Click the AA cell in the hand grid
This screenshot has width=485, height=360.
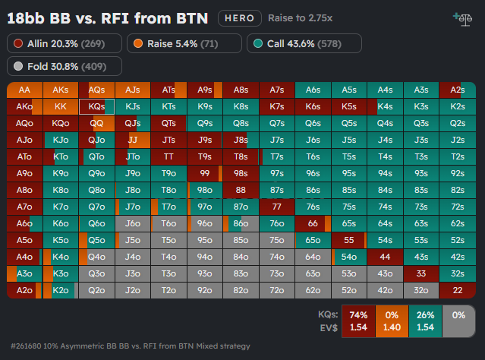click(24, 90)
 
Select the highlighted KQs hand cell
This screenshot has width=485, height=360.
click(96, 106)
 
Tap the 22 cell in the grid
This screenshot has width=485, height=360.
click(457, 289)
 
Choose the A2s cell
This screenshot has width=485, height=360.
click(457, 90)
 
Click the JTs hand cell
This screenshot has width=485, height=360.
click(168, 140)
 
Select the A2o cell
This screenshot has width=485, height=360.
click(24, 289)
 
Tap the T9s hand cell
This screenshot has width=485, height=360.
click(205, 156)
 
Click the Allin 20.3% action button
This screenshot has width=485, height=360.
click(64, 44)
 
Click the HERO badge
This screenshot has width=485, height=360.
click(240, 17)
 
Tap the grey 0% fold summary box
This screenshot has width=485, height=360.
click(458, 320)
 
